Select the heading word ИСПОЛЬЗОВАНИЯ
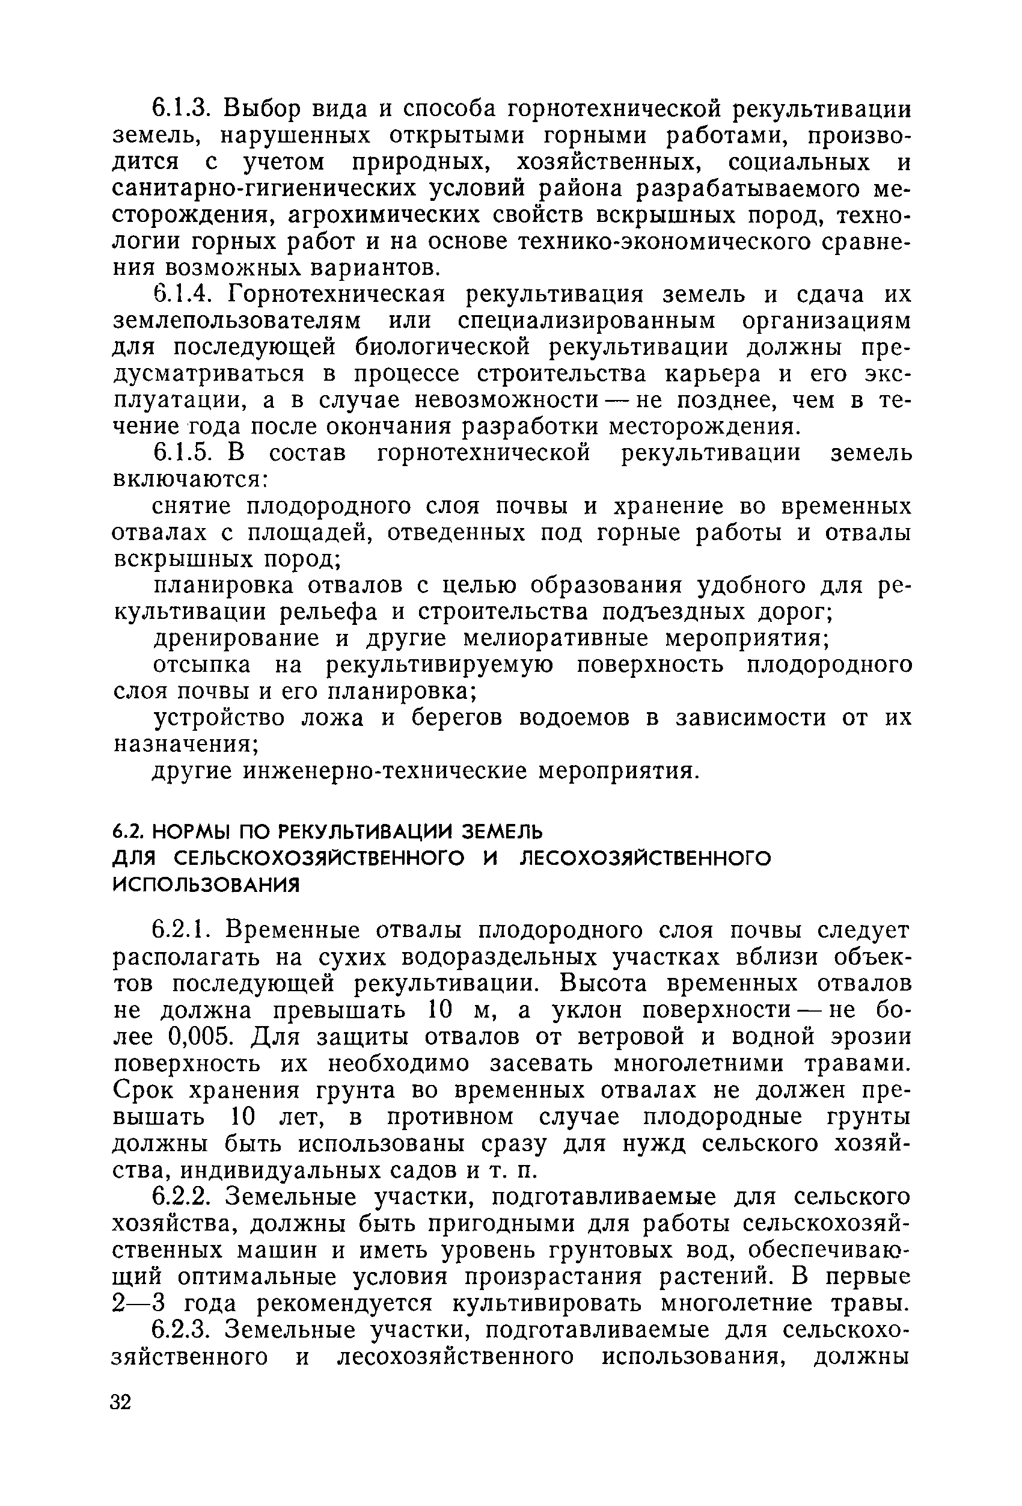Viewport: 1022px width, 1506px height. coord(207,885)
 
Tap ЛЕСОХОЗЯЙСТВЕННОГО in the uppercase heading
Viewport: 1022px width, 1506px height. coord(646,858)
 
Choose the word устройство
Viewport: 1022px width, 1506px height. coord(220,719)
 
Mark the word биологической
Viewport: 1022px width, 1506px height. coord(442,348)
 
